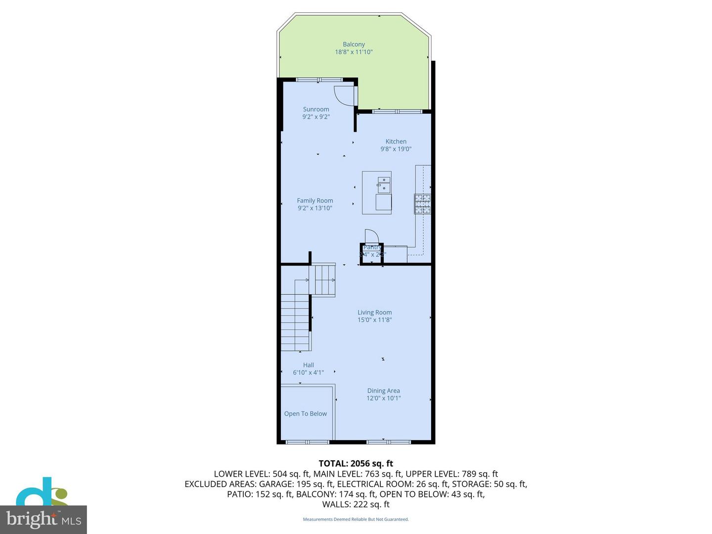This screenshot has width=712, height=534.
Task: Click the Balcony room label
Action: coord(354,44)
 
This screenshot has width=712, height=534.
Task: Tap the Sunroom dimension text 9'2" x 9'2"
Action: coord(316,117)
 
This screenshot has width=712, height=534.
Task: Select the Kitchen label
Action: coord(396,141)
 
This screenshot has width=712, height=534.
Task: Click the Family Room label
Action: coord(315,201)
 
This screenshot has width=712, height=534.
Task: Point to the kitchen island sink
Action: coord(384,184)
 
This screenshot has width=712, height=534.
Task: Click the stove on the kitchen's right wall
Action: coord(422,204)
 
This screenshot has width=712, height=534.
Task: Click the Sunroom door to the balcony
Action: coord(344,95)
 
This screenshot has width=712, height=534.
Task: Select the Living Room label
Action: coord(374,312)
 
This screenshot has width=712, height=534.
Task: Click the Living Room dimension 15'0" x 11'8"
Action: coord(374,320)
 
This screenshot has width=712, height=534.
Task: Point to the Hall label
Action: coord(309,365)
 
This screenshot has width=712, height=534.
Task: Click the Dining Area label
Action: coord(383,391)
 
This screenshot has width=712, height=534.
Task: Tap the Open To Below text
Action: coord(306,414)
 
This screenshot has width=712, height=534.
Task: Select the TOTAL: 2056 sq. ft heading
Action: coord(356,463)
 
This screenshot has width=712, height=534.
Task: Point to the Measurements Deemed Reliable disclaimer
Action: coord(356,519)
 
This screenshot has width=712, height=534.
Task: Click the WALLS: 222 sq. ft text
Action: coord(356,504)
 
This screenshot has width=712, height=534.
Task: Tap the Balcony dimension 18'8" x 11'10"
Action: coord(354,52)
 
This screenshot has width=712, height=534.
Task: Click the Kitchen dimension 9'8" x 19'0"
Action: coord(396,149)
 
